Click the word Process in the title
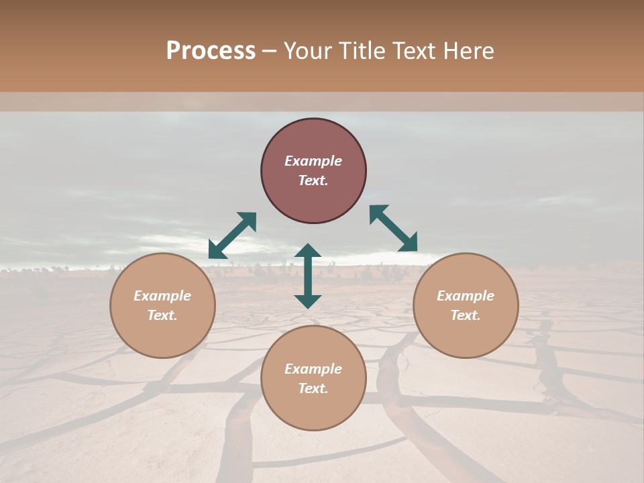211,51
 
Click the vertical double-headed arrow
308,276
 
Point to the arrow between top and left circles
232,235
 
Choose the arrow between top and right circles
393,228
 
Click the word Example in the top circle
313,161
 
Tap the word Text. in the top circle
313,180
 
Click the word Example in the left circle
162,296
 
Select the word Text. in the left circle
162,315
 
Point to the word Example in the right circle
466,296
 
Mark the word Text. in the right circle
466,315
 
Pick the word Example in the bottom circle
313,369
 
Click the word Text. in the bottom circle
313,388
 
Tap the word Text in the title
413,51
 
